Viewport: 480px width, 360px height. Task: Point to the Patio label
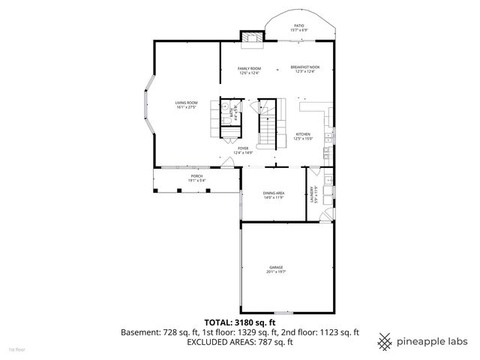(x=298, y=26)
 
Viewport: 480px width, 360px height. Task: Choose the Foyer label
(x=243, y=148)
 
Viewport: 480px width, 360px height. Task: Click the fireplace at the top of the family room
(x=251, y=36)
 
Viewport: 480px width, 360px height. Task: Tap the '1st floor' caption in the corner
(x=16, y=349)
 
